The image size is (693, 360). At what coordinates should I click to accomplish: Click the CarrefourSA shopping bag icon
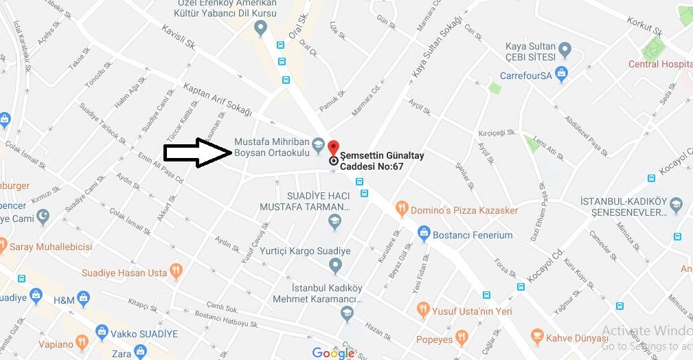pyautogui.click(x=563, y=74)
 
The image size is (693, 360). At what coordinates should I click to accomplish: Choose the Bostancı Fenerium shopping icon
pyautogui.click(x=424, y=234)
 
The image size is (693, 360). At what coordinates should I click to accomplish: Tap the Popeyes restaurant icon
pyautogui.click(x=461, y=338)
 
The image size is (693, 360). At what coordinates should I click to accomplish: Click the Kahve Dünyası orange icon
pyautogui.click(x=537, y=337)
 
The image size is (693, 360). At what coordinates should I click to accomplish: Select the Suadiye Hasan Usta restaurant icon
pyautogui.click(x=176, y=272)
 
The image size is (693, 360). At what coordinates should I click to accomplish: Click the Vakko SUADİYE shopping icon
pyautogui.click(x=102, y=333)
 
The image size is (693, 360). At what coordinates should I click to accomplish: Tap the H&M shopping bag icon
pyautogui.click(x=84, y=297)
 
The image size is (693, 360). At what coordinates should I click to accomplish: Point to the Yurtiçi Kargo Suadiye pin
pyautogui.click(x=336, y=265)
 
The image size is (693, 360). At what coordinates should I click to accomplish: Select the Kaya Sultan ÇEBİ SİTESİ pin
pyautogui.click(x=565, y=49)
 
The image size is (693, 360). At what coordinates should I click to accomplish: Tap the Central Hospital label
pyautogui.click(x=660, y=65)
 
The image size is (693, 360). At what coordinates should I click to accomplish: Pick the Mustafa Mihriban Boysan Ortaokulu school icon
pyautogui.click(x=318, y=145)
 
